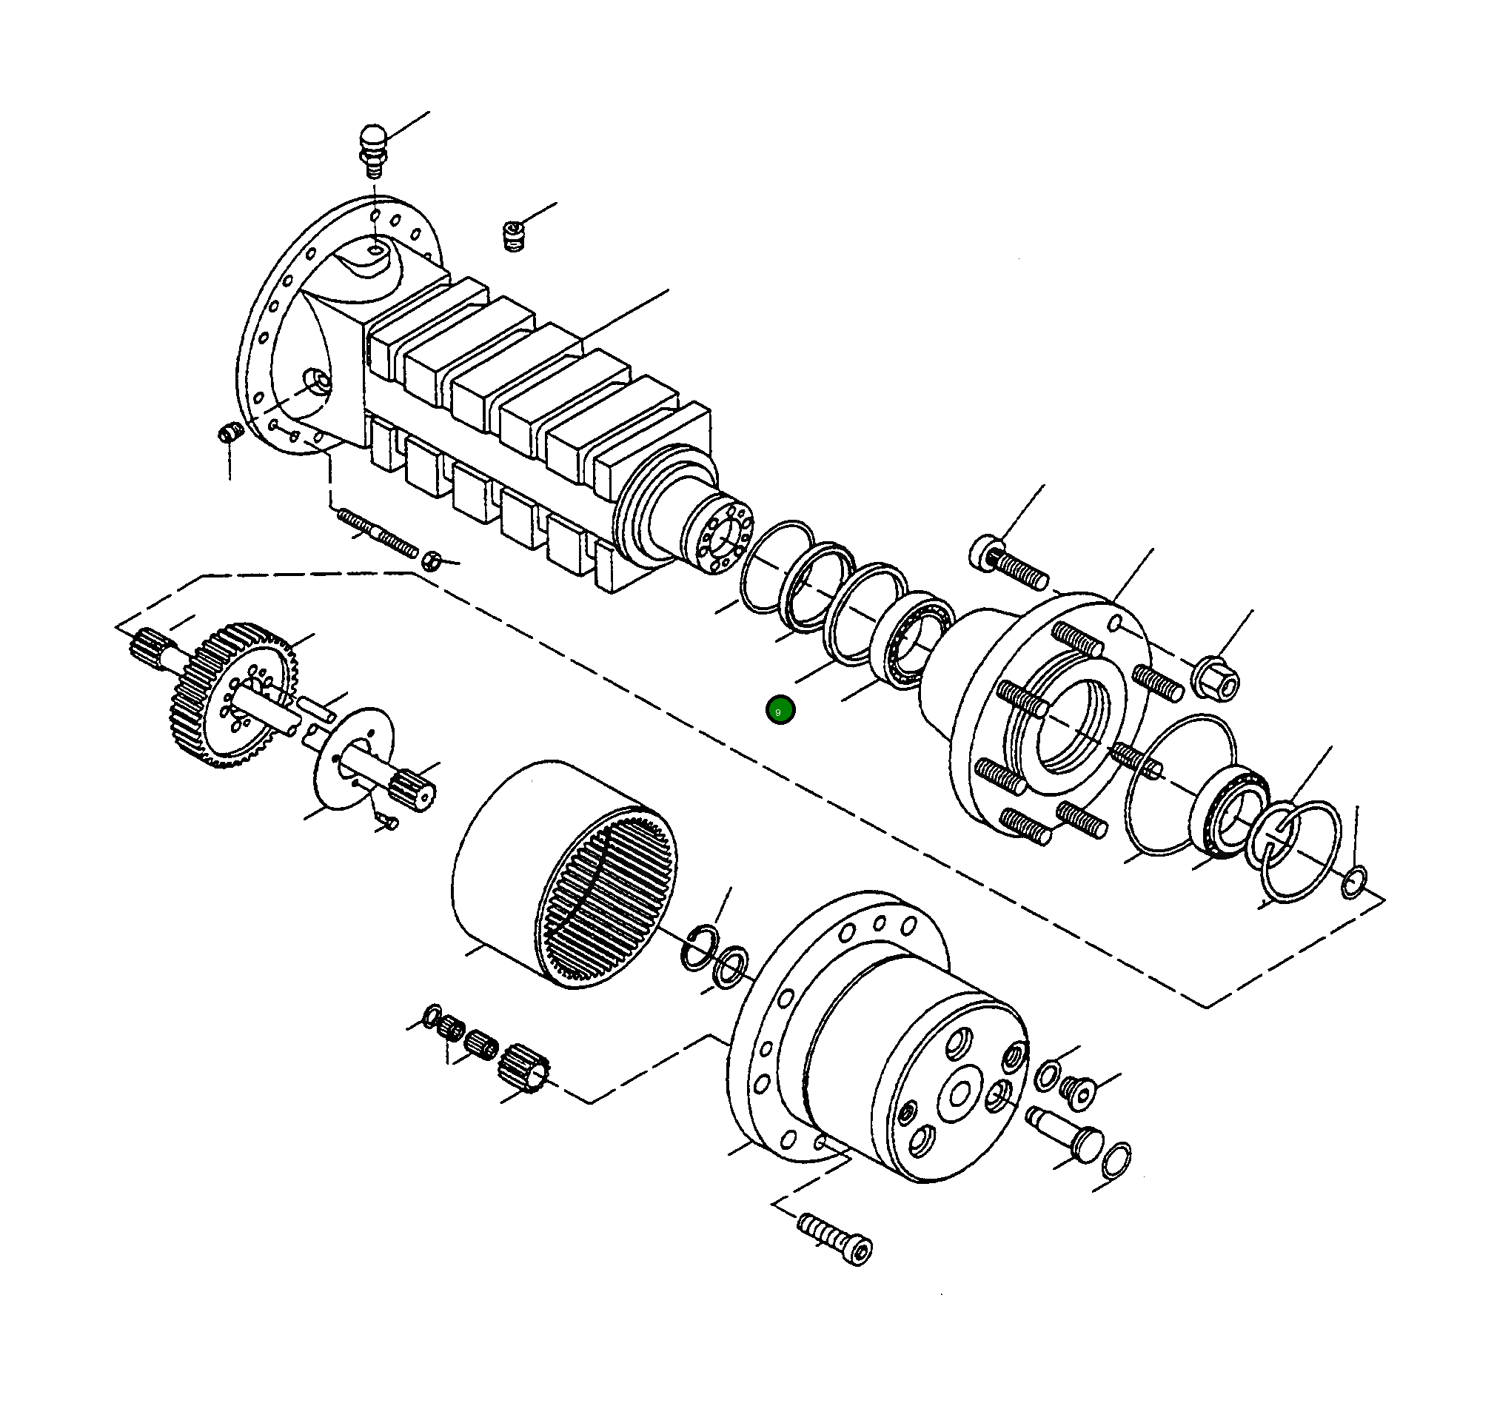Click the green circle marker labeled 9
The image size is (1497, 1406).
point(780,710)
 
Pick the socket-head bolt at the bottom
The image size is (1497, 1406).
point(836,1239)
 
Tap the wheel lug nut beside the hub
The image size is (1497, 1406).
point(1215,677)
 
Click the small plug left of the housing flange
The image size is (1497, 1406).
point(229,435)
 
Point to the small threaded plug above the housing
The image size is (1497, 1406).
point(514,235)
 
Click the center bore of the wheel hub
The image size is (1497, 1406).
point(1069,727)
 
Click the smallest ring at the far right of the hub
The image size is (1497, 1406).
point(1353,882)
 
